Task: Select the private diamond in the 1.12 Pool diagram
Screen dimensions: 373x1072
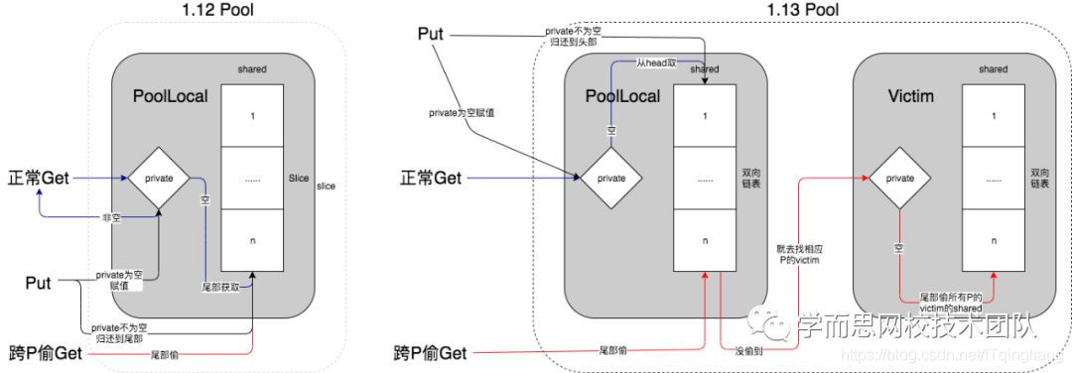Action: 159,180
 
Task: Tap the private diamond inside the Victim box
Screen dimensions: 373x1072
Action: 899,180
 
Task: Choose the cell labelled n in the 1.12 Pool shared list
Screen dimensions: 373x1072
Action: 252,241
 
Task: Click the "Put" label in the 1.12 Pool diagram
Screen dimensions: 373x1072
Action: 39,283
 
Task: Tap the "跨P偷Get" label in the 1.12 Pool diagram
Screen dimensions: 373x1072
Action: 45,351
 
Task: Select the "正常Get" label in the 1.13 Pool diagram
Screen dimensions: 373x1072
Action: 432,180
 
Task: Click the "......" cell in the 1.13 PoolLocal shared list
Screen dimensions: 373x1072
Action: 706,180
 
